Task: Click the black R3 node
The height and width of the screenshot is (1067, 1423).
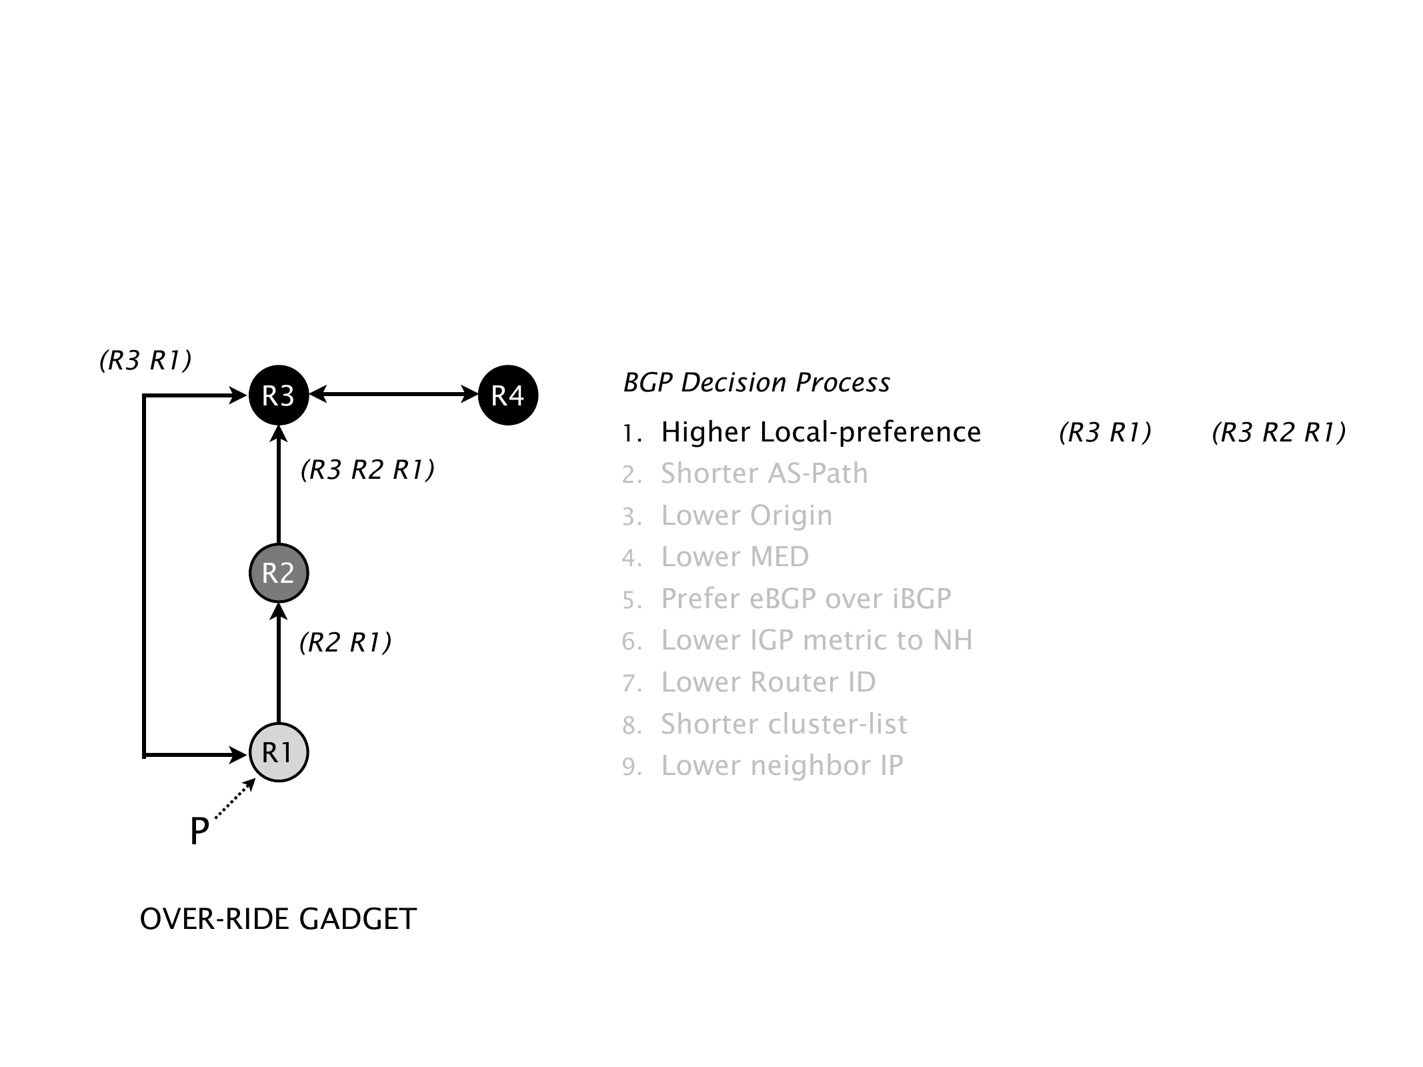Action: (278, 395)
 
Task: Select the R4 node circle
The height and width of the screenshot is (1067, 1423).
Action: (508, 395)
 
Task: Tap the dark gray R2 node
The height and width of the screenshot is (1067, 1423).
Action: (278, 573)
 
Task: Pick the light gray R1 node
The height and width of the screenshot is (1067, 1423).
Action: (278, 752)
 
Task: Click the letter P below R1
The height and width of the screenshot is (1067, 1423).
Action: (199, 832)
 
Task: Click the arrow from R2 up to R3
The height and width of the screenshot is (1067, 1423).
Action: (279, 487)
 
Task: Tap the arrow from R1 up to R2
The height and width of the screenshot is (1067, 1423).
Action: (279, 664)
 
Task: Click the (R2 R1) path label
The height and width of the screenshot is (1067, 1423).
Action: (345, 642)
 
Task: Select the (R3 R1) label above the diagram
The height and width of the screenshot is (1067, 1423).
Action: (145, 360)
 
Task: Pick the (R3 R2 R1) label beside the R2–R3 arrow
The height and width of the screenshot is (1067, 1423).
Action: (367, 470)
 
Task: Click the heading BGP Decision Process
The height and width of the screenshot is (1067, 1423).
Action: (756, 383)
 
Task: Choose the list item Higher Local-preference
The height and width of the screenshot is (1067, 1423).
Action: (820, 432)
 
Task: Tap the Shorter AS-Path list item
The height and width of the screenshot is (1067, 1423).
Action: (764, 474)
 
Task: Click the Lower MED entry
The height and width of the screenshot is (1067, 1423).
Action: (734, 557)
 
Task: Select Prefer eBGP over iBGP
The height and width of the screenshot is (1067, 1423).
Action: (806, 599)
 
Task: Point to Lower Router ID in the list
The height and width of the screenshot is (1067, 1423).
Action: (768, 682)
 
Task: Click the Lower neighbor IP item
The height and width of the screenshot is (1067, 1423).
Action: (782, 766)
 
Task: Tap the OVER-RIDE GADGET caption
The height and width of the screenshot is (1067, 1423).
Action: (278, 919)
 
